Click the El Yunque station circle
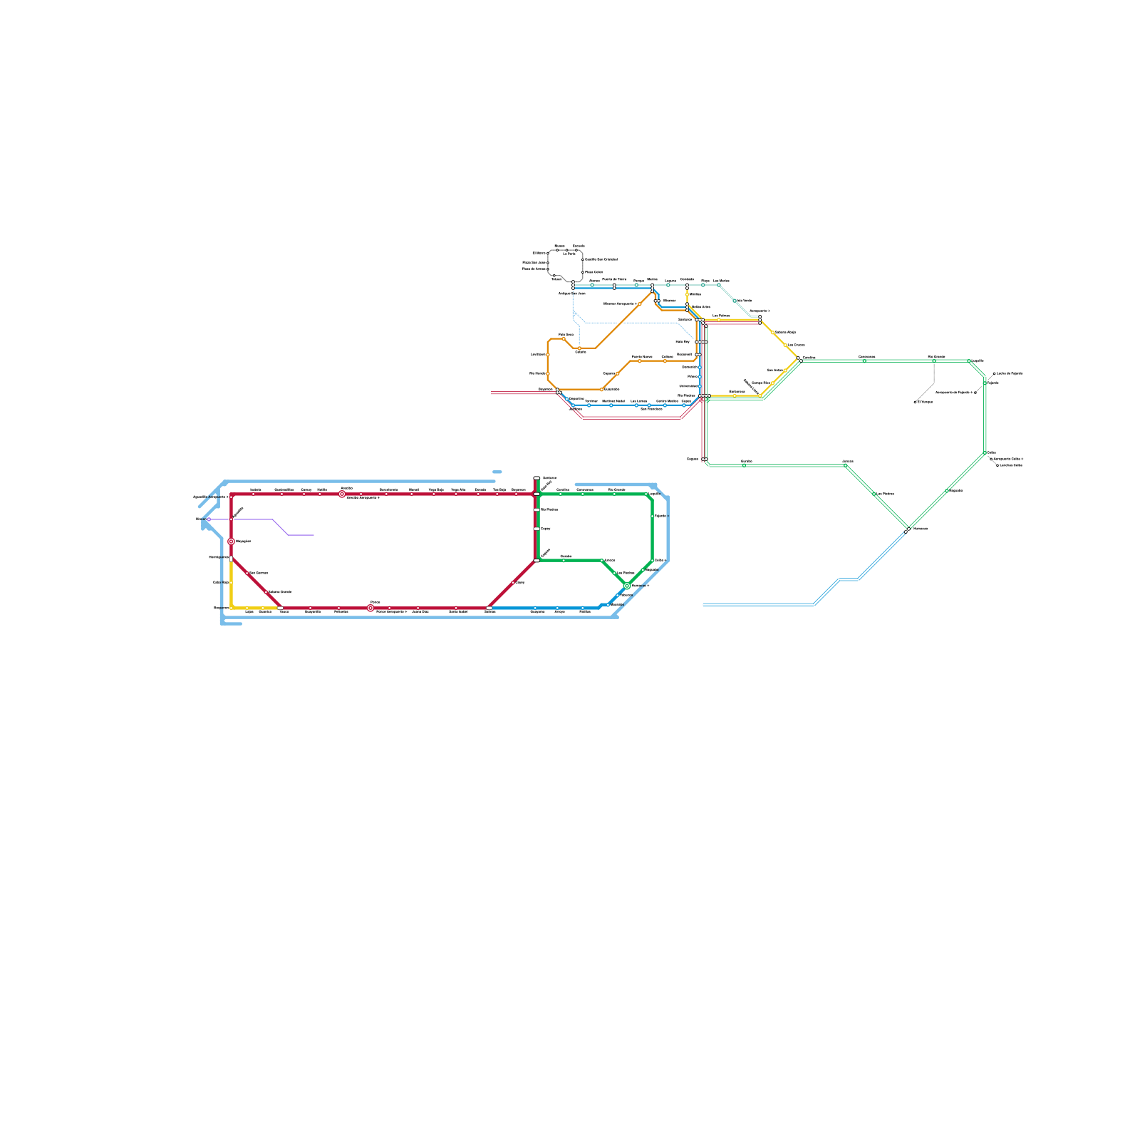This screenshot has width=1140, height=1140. coord(916,402)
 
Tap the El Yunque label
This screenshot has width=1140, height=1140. coord(926,402)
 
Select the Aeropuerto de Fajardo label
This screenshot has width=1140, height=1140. coord(953,392)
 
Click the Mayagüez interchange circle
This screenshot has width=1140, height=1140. coord(231,541)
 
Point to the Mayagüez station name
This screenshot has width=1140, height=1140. coord(244,541)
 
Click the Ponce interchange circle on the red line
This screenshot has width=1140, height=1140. coord(370,608)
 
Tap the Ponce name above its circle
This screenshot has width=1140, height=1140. coord(375,602)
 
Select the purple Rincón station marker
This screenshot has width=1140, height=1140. coord(208,519)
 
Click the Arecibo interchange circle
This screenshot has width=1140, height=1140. coord(342,494)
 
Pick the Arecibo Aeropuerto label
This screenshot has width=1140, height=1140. coord(363,497)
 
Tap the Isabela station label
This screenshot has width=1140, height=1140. coord(256,489)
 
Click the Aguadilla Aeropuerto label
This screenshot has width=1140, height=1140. coord(210,497)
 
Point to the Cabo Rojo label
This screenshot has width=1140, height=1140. coord(221,582)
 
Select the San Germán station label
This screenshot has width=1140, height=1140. coord(259,573)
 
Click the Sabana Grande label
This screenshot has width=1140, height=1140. coord(280,591)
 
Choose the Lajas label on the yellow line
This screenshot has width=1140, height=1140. coord(249,611)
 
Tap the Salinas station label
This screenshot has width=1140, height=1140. coord(490,611)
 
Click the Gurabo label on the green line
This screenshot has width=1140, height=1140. coord(566,556)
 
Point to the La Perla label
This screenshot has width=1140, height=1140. coord(569,254)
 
